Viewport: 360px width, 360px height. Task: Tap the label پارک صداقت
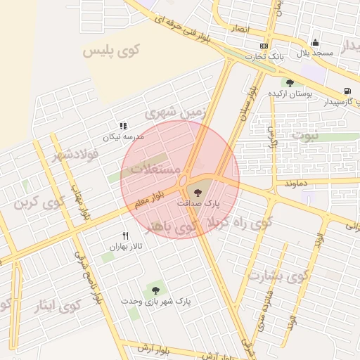(198, 202)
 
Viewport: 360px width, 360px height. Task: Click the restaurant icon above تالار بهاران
(125, 236)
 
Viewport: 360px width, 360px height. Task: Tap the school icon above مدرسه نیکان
(124, 126)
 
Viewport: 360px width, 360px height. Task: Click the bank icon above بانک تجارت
(264, 45)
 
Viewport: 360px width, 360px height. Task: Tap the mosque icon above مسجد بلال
(314, 42)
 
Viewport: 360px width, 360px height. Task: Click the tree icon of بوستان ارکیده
(290, 83)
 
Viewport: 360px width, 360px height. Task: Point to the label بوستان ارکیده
(290, 94)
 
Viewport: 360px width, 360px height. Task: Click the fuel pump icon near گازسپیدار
(347, 91)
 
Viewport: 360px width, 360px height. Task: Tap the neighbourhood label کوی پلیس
(112, 50)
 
